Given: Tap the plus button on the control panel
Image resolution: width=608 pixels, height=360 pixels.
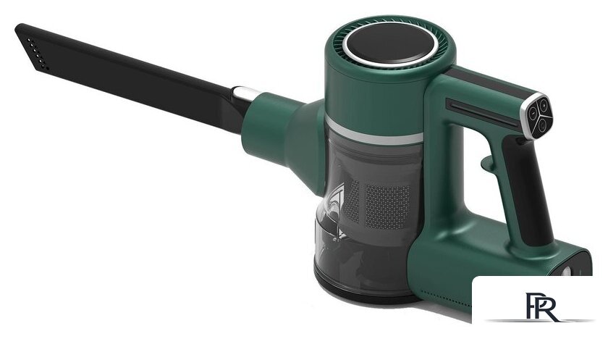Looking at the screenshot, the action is (x=544, y=105).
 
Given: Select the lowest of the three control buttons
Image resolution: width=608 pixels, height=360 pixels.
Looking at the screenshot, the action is (x=541, y=125).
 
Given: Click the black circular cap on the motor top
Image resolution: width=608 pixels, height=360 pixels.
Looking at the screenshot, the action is (x=390, y=44).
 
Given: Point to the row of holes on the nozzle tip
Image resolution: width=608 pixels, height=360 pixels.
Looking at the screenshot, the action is (x=38, y=54).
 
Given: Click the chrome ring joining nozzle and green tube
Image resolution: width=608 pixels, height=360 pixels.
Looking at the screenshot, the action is (x=243, y=93).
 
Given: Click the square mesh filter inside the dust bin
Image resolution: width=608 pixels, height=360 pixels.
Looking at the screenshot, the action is (x=387, y=206).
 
